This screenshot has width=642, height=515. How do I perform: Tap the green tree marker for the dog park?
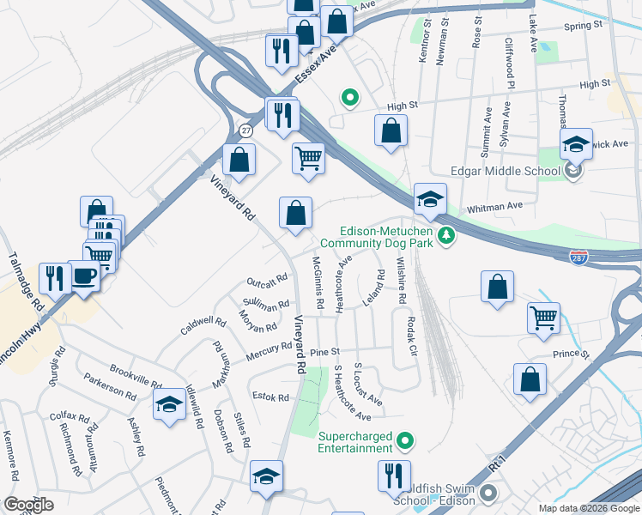click(445, 235)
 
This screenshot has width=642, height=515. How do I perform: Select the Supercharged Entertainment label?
click(354, 442)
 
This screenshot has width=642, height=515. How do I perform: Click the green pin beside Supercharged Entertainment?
click(407, 442)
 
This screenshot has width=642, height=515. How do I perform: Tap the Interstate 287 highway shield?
click(579, 257)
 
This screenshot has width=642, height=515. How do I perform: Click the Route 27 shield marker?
click(246, 130)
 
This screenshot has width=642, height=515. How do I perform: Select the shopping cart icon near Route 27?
click(308, 158)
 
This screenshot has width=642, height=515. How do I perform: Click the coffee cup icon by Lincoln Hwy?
click(84, 276)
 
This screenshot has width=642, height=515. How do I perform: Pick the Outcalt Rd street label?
click(267, 282)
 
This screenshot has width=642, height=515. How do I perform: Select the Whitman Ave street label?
click(494, 207)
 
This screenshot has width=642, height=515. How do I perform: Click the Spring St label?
click(583, 26)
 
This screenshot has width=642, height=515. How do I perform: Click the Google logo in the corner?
click(28, 505)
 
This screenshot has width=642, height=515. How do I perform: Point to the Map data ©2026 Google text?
click(589, 508)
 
